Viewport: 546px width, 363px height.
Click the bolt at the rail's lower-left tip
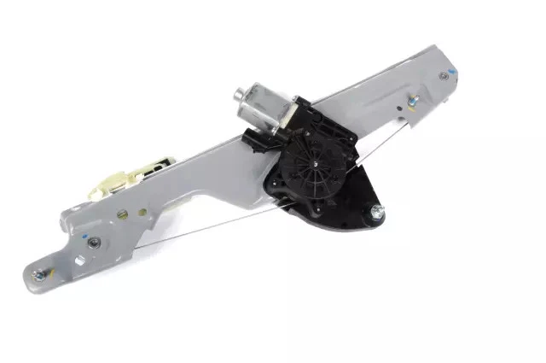pyautogui.click(x=38, y=275)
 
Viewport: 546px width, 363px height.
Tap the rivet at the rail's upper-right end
pyautogui.click(x=444, y=76)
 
